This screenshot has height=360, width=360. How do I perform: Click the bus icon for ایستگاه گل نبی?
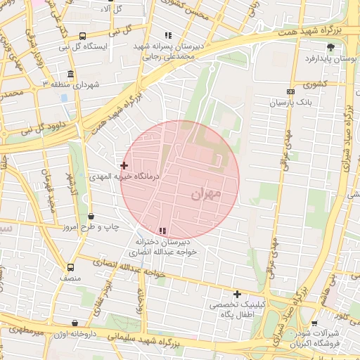pyautogui.click(x=83, y=36)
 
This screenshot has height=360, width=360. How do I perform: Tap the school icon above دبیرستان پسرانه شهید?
pyautogui.click(x=167, y=34)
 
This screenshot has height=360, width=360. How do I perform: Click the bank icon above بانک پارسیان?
pyautogui.click(x=290, y=92)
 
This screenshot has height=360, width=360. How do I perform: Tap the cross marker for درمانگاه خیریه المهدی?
pyautogui.click(x=124, y=166)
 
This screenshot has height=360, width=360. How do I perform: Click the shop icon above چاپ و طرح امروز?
pyautogui.click(x=91, y=217)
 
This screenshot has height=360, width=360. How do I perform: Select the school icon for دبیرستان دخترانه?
pyautogui.click(x=163, y=231)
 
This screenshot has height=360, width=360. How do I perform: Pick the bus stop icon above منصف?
pyautogui.click(x=70, y=267)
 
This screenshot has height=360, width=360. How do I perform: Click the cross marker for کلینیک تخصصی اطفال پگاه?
pyautogui.click(x=237, y=294)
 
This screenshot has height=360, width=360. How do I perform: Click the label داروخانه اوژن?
pyautogui.click(x=73, y=334)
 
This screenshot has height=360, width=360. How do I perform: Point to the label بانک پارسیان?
pyautogui.click(x=290, y=103)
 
